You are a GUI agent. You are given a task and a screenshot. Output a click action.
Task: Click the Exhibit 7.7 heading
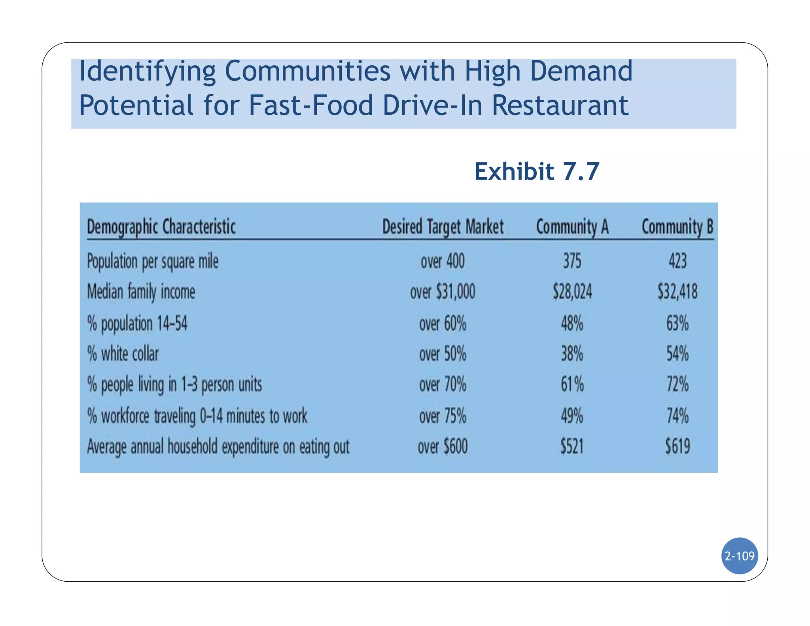coord(537,171)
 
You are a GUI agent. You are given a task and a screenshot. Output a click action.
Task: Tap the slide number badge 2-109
coord(739,556)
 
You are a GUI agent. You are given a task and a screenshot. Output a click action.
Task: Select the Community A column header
coord(572,227)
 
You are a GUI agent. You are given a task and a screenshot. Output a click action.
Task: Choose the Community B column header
coord(677,227)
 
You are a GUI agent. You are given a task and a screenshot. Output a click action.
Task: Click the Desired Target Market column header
coord(443,227)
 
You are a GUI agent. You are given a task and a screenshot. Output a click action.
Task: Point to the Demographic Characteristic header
coord(161,227)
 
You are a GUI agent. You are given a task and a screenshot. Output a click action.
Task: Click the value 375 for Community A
coord(572,261)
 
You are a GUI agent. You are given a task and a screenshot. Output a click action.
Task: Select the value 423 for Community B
coord(678,261)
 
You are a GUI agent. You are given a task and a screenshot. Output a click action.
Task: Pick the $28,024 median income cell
coord(572,292)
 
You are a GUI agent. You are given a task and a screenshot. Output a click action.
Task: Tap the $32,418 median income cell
coord(678,292)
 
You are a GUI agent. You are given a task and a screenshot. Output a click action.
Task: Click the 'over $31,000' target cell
coord(443,292)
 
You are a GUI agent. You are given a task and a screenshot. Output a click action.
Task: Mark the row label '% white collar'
coord(123,354)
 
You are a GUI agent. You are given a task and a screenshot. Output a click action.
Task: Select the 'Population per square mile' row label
coord(153,261)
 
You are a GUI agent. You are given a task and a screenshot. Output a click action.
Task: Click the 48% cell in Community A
coord(572,323)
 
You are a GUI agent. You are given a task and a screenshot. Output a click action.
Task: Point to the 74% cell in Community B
coord(678,416)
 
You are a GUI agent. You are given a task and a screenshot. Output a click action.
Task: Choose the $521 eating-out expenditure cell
coord(572,447)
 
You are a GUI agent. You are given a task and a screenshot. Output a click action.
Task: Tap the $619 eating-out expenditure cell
coord(678,447)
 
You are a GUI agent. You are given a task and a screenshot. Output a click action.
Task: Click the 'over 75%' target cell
coord(443,416)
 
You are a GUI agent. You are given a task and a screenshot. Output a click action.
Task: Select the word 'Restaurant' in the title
coord(560,105)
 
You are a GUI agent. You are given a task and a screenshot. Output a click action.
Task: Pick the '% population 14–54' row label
coord(137,323)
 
